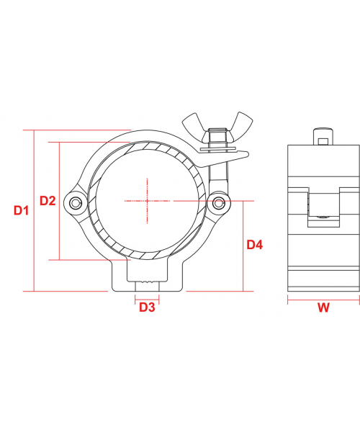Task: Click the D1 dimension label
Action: tap(21, 211)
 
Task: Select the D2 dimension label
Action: tap(48, 201)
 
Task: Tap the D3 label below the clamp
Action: tap(147, 307)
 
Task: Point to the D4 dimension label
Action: tap(255, 245)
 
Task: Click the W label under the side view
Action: tap(323, 308)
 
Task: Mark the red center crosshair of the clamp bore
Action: tap(148, 199)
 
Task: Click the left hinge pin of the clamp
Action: tap(76, 204)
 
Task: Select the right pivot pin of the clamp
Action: tap(219, 202)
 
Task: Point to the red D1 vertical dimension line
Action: tap(33, 211)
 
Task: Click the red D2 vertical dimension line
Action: tap(58, 201)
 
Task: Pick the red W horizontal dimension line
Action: tap(323, 297)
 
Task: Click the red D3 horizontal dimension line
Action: tap(147, 297)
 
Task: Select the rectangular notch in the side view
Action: tap(323, 208)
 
